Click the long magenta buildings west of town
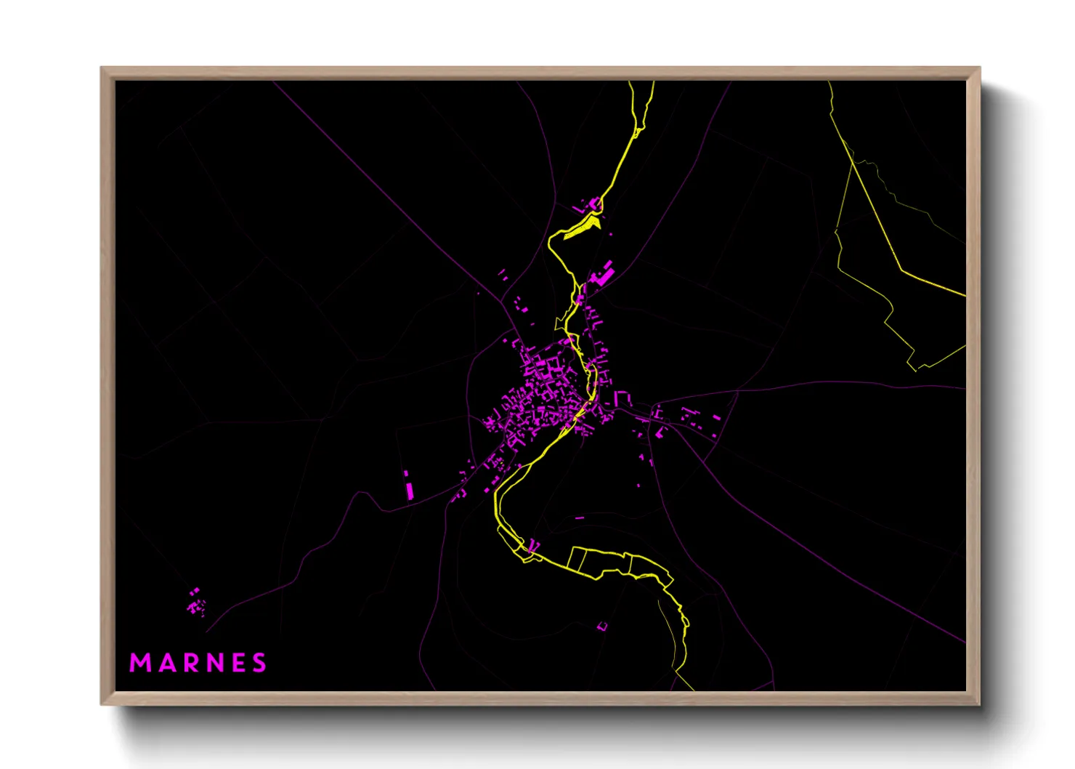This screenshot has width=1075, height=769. [x=409, y=486]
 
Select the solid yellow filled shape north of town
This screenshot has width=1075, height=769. [x=582, y=227]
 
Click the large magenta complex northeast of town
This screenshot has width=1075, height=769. [x=604, y=275]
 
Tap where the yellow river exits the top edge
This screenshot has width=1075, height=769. [x=642, y=83]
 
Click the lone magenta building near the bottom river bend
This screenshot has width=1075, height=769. [x=602, y=626]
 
